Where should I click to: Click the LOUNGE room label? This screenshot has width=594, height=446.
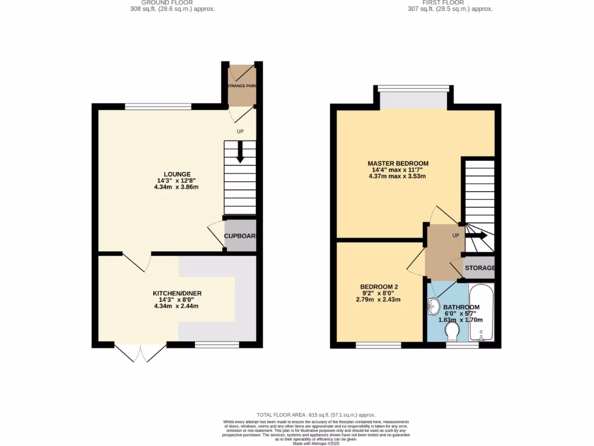[177, 174]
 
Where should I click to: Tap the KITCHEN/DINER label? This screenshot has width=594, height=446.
[177, 293]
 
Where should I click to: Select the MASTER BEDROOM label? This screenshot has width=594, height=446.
[398, 163]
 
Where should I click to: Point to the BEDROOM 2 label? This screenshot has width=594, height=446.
[378, 287]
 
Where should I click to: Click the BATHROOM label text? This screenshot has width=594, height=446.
[461, 307]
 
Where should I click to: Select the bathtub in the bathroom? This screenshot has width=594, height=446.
[481, 313]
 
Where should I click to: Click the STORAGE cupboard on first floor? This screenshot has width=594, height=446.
[479, 268]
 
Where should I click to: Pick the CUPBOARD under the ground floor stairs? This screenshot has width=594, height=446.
[240, 236]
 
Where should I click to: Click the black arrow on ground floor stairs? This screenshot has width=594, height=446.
[240, 152]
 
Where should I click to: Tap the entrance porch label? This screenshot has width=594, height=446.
[241, 86]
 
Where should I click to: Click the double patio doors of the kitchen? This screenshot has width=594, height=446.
[140, 352]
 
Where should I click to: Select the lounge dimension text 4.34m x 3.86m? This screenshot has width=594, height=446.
[177, 187]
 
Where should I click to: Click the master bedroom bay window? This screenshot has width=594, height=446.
[413, 98]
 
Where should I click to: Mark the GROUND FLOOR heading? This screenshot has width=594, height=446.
[172, 2]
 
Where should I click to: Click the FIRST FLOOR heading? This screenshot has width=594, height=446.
[450, 2]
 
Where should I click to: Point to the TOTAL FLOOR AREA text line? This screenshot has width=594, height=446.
[317, 415]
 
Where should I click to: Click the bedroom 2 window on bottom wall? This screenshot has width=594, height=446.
[378, 345]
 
